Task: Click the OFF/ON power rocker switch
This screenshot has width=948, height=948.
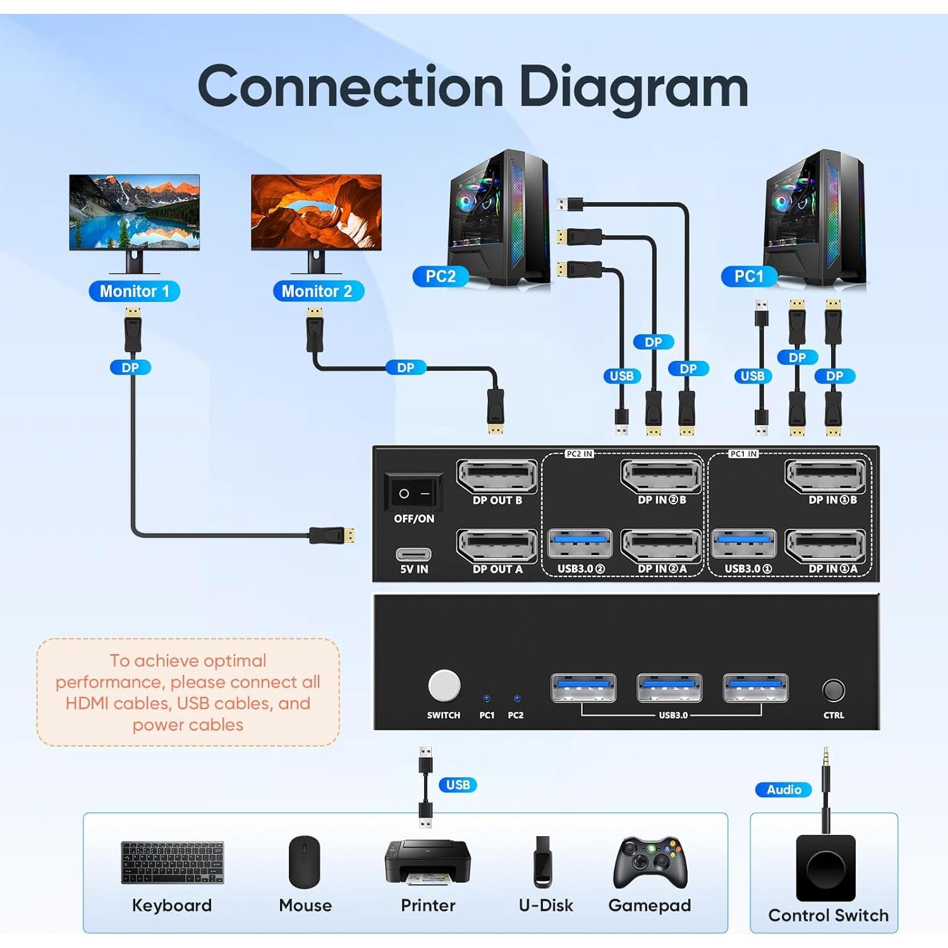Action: point(413,492)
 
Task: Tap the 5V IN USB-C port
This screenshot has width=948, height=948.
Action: point(413,554)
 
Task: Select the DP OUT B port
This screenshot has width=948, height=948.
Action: point(497,477)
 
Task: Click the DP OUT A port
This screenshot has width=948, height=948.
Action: point(497,545)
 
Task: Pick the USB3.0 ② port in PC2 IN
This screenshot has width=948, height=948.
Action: point(580,544)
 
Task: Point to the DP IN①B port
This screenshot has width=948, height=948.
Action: point(825,477)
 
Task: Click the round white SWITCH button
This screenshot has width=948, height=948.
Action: point(444,686)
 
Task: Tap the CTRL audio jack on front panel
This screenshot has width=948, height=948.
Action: point(833,690)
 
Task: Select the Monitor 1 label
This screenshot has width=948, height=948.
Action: point(135,291)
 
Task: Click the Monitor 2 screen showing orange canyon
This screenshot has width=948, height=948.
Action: point(316,212)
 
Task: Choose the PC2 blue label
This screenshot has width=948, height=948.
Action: point(441,276)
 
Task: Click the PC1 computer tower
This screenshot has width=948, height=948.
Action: point(815,218)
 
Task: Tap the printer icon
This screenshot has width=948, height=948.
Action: point(427,863)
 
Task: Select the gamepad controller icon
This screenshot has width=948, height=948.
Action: point(650,863)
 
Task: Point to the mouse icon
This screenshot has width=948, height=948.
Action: point(305,862)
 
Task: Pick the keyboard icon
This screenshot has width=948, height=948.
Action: point(172,862)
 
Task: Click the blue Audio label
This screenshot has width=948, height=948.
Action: point(784,789)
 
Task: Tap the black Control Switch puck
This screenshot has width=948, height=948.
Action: point(825,868)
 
